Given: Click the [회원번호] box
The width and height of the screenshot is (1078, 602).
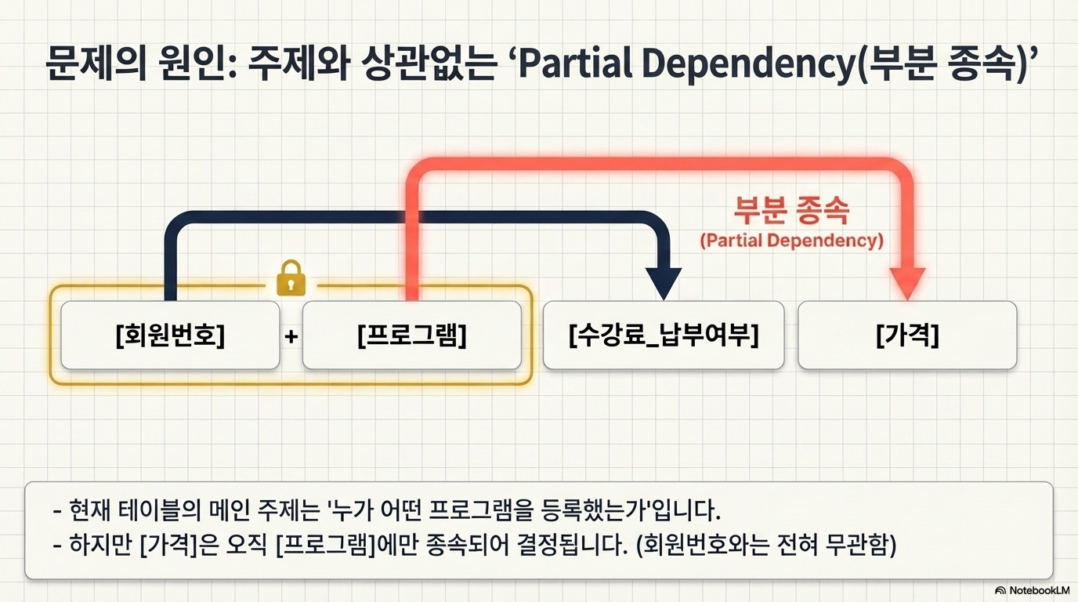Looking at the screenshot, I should point(170,335).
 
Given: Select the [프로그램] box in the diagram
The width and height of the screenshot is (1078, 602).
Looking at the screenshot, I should point(411,335).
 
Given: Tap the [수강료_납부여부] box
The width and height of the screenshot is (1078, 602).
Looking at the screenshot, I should point(663,335).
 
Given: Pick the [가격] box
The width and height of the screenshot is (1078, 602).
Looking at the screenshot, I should point(906,335).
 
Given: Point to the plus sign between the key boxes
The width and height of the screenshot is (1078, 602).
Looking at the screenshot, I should point(291,337).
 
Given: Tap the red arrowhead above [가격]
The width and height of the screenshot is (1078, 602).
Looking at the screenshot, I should point(906,283).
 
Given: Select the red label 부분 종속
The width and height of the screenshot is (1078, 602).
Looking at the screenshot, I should point(791,209).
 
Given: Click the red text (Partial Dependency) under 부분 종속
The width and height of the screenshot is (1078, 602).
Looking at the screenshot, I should point(791,240).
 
